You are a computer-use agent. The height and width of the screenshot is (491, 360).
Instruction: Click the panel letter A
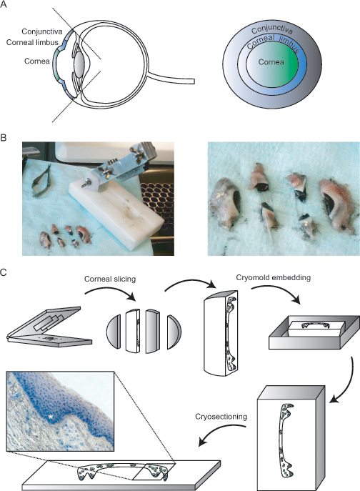(x=3, y=4)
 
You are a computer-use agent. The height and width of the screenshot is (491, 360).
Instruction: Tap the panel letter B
(x=3, y=137)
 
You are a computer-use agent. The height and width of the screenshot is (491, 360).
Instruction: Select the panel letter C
(x=3, y=272)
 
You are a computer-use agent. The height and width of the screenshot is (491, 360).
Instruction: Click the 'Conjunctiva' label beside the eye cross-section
(x=42, y=31)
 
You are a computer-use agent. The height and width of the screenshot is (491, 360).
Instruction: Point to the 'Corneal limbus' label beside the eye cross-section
(x=32, y=42)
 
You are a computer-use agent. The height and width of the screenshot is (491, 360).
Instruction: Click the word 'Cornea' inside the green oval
(x=271, y=62)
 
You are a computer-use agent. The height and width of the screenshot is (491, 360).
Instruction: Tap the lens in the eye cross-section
(x=79, y=63)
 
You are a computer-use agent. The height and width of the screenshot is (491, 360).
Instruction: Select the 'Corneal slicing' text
(x=110, y=279)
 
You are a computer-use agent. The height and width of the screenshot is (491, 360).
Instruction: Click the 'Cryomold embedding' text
(x=274, y=277)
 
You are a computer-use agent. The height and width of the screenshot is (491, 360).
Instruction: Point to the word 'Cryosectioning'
(x=221, y=417)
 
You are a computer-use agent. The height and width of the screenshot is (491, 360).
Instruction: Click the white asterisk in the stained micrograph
(x=51, y=417)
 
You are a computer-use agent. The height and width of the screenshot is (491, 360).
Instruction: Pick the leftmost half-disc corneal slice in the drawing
(x=114, y=332)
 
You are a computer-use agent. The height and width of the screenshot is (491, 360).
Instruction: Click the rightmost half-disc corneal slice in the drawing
(x=174, y=332)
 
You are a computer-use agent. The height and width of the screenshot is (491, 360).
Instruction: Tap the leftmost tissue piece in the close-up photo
(x=225, y=204)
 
